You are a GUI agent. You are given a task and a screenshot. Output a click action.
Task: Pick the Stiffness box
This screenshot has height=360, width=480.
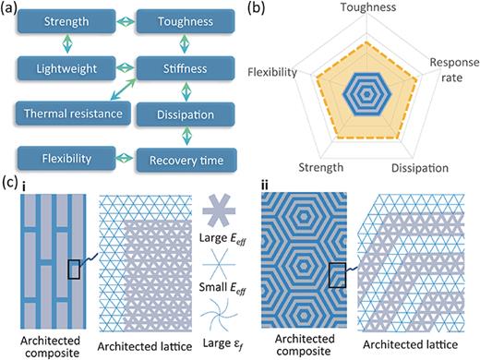click(x=184, y=67)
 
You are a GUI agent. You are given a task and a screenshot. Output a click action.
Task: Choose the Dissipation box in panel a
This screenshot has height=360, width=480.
click(x=184, y=113)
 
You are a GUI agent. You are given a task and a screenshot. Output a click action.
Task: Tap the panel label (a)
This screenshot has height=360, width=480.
click(x=10, y=10)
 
